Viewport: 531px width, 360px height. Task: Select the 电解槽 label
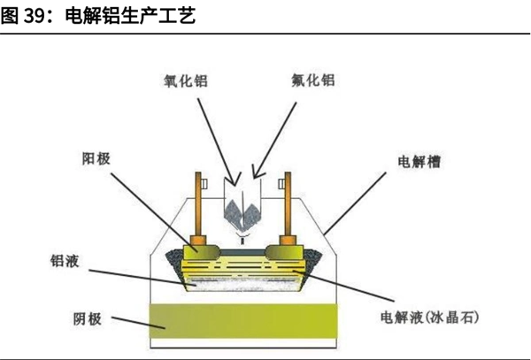pos(421,164)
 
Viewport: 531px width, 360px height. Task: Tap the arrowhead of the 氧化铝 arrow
pos(235,176)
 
